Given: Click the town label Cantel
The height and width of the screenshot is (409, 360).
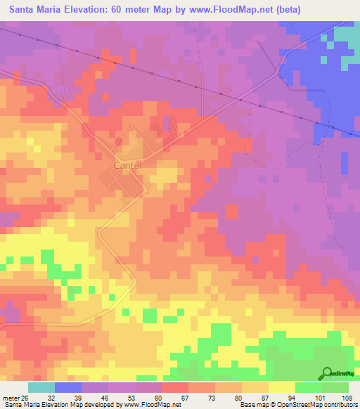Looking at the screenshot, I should click(127, 165).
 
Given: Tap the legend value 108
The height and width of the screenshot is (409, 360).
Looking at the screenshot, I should click(346, 397).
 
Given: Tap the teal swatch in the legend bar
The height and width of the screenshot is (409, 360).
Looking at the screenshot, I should click(41, 387).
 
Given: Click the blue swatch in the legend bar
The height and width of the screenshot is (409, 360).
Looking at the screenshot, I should click(68, 387).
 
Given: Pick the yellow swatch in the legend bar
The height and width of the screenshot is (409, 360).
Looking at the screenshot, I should click(282, 387).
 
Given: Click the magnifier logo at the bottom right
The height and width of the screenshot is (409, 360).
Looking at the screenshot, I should click(328, 373).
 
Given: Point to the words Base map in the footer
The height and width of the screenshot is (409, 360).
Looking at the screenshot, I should click(252, 405).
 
